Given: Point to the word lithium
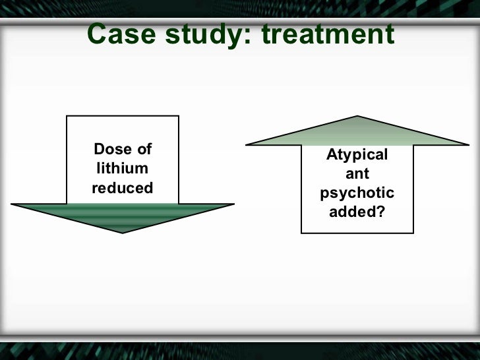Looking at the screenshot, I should pyautogui.click(x=123, y=168).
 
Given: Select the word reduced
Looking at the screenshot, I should pyautogui.click(x=123, y=188).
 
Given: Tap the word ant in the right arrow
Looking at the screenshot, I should pyautogui.click(x=357, y=174).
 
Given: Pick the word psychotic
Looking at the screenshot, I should pyautogui.click(x=357, y=193).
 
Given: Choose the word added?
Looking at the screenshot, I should pyautogui.click(x=357, y=212).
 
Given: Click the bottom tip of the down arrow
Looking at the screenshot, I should pyautogui.click(x=123, y=232).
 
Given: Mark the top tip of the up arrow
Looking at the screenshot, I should pyautogui.click(x=357, y=117).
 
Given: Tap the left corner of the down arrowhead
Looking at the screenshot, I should pyautogui.click(x=13, y=204).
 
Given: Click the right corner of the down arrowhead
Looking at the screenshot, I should pyautogui.click(x=233, y=204).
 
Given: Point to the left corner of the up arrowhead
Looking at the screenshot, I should pyautogui.click(x=247, y=144).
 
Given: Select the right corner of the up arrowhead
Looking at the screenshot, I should pyautogui.click(x=468, y=144).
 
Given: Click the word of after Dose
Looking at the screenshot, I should pyautogui.click(x=144, y=149).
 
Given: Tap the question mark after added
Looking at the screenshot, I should pyautogui.click(x=381, y=212).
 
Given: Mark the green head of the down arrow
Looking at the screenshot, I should pyautogui.click(x=123, y=216).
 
